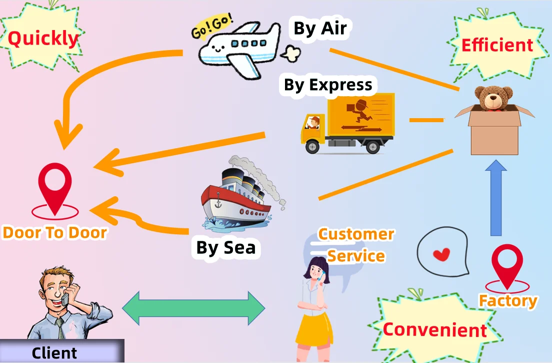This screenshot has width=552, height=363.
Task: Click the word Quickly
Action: tap(43, 39)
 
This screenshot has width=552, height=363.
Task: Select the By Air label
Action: tap(320, 29)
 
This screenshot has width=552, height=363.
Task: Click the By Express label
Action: tap(328, 85)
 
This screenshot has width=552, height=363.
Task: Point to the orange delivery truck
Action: tap(350, 123)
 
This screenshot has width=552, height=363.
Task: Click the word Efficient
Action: tap(497, 45)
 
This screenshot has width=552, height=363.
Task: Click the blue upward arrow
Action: tap(495, 200)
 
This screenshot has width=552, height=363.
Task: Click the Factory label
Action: tap(508, 301)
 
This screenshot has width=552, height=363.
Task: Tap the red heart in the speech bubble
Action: tap(441, 255)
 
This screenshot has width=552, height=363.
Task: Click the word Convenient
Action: tap(434, 329)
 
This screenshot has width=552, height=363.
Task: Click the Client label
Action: tap(54, 353)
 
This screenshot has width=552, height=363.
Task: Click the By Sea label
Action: tap(225, 247)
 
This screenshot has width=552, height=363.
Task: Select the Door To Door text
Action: tap(54, 232)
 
